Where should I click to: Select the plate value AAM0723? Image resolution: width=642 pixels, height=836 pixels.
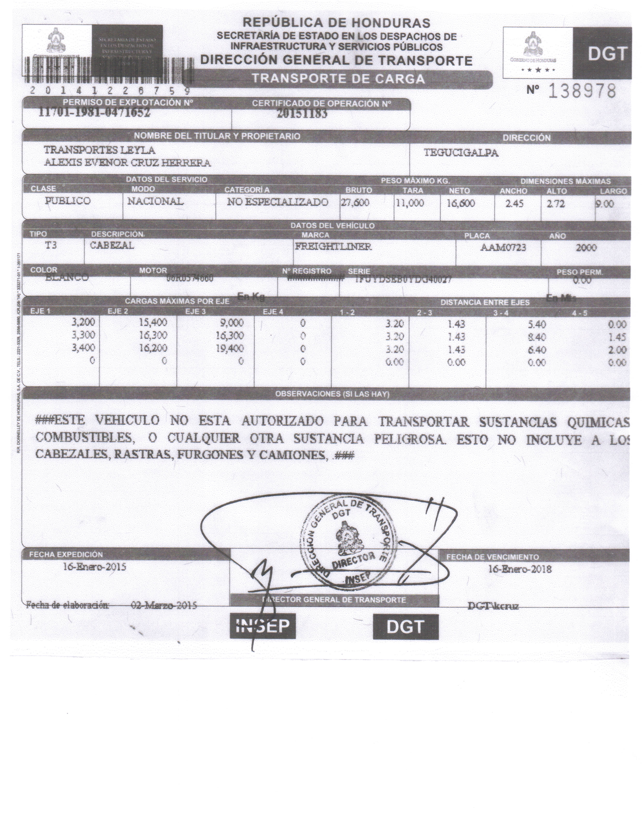pos(503,248)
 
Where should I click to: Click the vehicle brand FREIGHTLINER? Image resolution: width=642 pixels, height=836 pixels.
pos(333,246)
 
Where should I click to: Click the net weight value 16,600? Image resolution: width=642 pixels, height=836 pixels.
pos(461,203)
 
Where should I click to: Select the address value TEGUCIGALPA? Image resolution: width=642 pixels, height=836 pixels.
pos(461,153)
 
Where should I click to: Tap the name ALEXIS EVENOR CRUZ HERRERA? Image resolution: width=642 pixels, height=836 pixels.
pos(127,163)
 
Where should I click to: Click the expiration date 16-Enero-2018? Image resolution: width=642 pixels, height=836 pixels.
pos(520,569)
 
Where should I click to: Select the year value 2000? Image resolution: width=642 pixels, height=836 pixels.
pos(586,248)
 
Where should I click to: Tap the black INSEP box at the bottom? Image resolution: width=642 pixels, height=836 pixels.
pos(263,626)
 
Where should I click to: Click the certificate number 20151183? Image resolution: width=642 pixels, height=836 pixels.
pos(302,114)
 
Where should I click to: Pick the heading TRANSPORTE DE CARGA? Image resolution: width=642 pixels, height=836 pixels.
pos(338,79)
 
